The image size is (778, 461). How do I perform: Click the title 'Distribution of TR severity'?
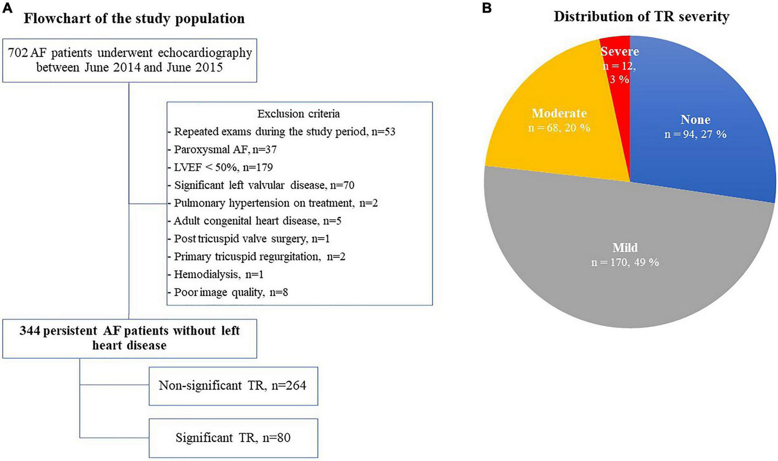641,17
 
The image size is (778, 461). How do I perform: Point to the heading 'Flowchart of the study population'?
134,18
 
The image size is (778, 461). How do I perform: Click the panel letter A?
7,9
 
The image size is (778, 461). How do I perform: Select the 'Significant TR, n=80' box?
233,438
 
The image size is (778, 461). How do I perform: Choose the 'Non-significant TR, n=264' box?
233,386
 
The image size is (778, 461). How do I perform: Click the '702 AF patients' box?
130,60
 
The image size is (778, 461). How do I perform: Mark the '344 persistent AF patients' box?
130,338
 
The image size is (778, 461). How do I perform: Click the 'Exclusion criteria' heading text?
299,114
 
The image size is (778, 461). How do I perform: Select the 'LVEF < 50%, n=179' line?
223,167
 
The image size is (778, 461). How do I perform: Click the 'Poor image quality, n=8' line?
231,292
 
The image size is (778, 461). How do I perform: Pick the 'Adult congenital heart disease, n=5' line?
257,221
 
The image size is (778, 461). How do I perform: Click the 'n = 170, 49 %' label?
625,262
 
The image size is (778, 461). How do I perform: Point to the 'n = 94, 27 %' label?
695,134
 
